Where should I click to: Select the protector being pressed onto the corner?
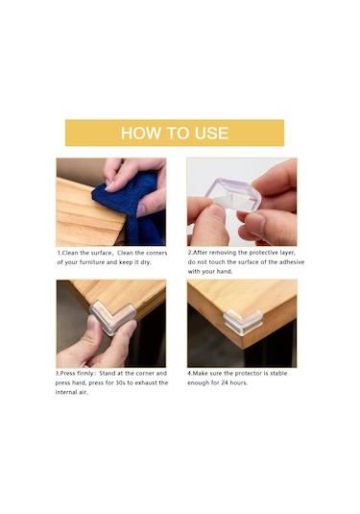[113, 317]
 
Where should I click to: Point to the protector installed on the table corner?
[243, 322]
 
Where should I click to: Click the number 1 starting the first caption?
[59, 253]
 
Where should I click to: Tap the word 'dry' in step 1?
[145, 262]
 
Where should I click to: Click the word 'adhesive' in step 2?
[292, 262]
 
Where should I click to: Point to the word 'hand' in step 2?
[226, 272]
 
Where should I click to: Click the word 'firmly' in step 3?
[85, 374]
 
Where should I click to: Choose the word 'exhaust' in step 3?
[146, 383]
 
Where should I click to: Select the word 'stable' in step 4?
[278, 374]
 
